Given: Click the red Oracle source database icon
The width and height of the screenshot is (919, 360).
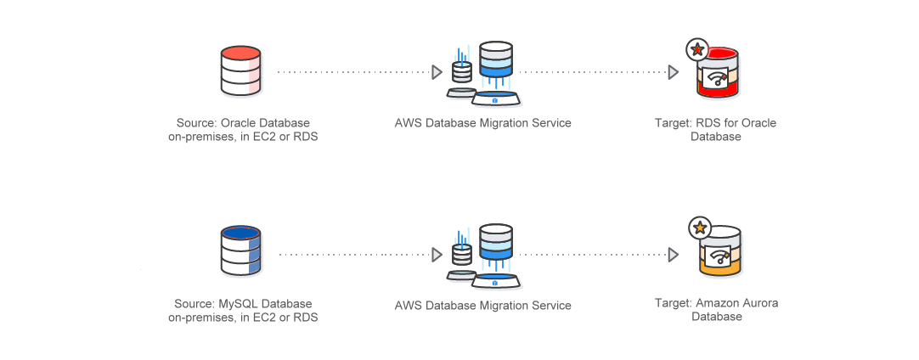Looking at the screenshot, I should coord(240,70).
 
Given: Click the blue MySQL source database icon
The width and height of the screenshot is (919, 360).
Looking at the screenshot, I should coord(240,250).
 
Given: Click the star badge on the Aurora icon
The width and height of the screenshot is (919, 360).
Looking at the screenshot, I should coord(699,228).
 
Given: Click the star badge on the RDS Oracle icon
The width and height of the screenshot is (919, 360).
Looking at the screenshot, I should coord(697,50).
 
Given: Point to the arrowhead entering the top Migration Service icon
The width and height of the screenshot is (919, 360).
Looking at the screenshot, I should coord(437,72).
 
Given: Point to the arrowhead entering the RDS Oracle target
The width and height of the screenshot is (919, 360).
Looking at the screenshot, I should coord(673,72).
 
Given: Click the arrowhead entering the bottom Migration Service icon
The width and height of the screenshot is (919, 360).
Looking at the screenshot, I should coord(437,254).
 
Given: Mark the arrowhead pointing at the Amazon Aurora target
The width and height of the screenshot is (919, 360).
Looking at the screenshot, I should coord(673,254).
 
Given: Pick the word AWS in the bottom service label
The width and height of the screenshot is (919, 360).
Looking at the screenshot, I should coord(409,305).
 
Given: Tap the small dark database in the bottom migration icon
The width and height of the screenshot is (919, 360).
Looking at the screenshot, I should coord(462,253).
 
